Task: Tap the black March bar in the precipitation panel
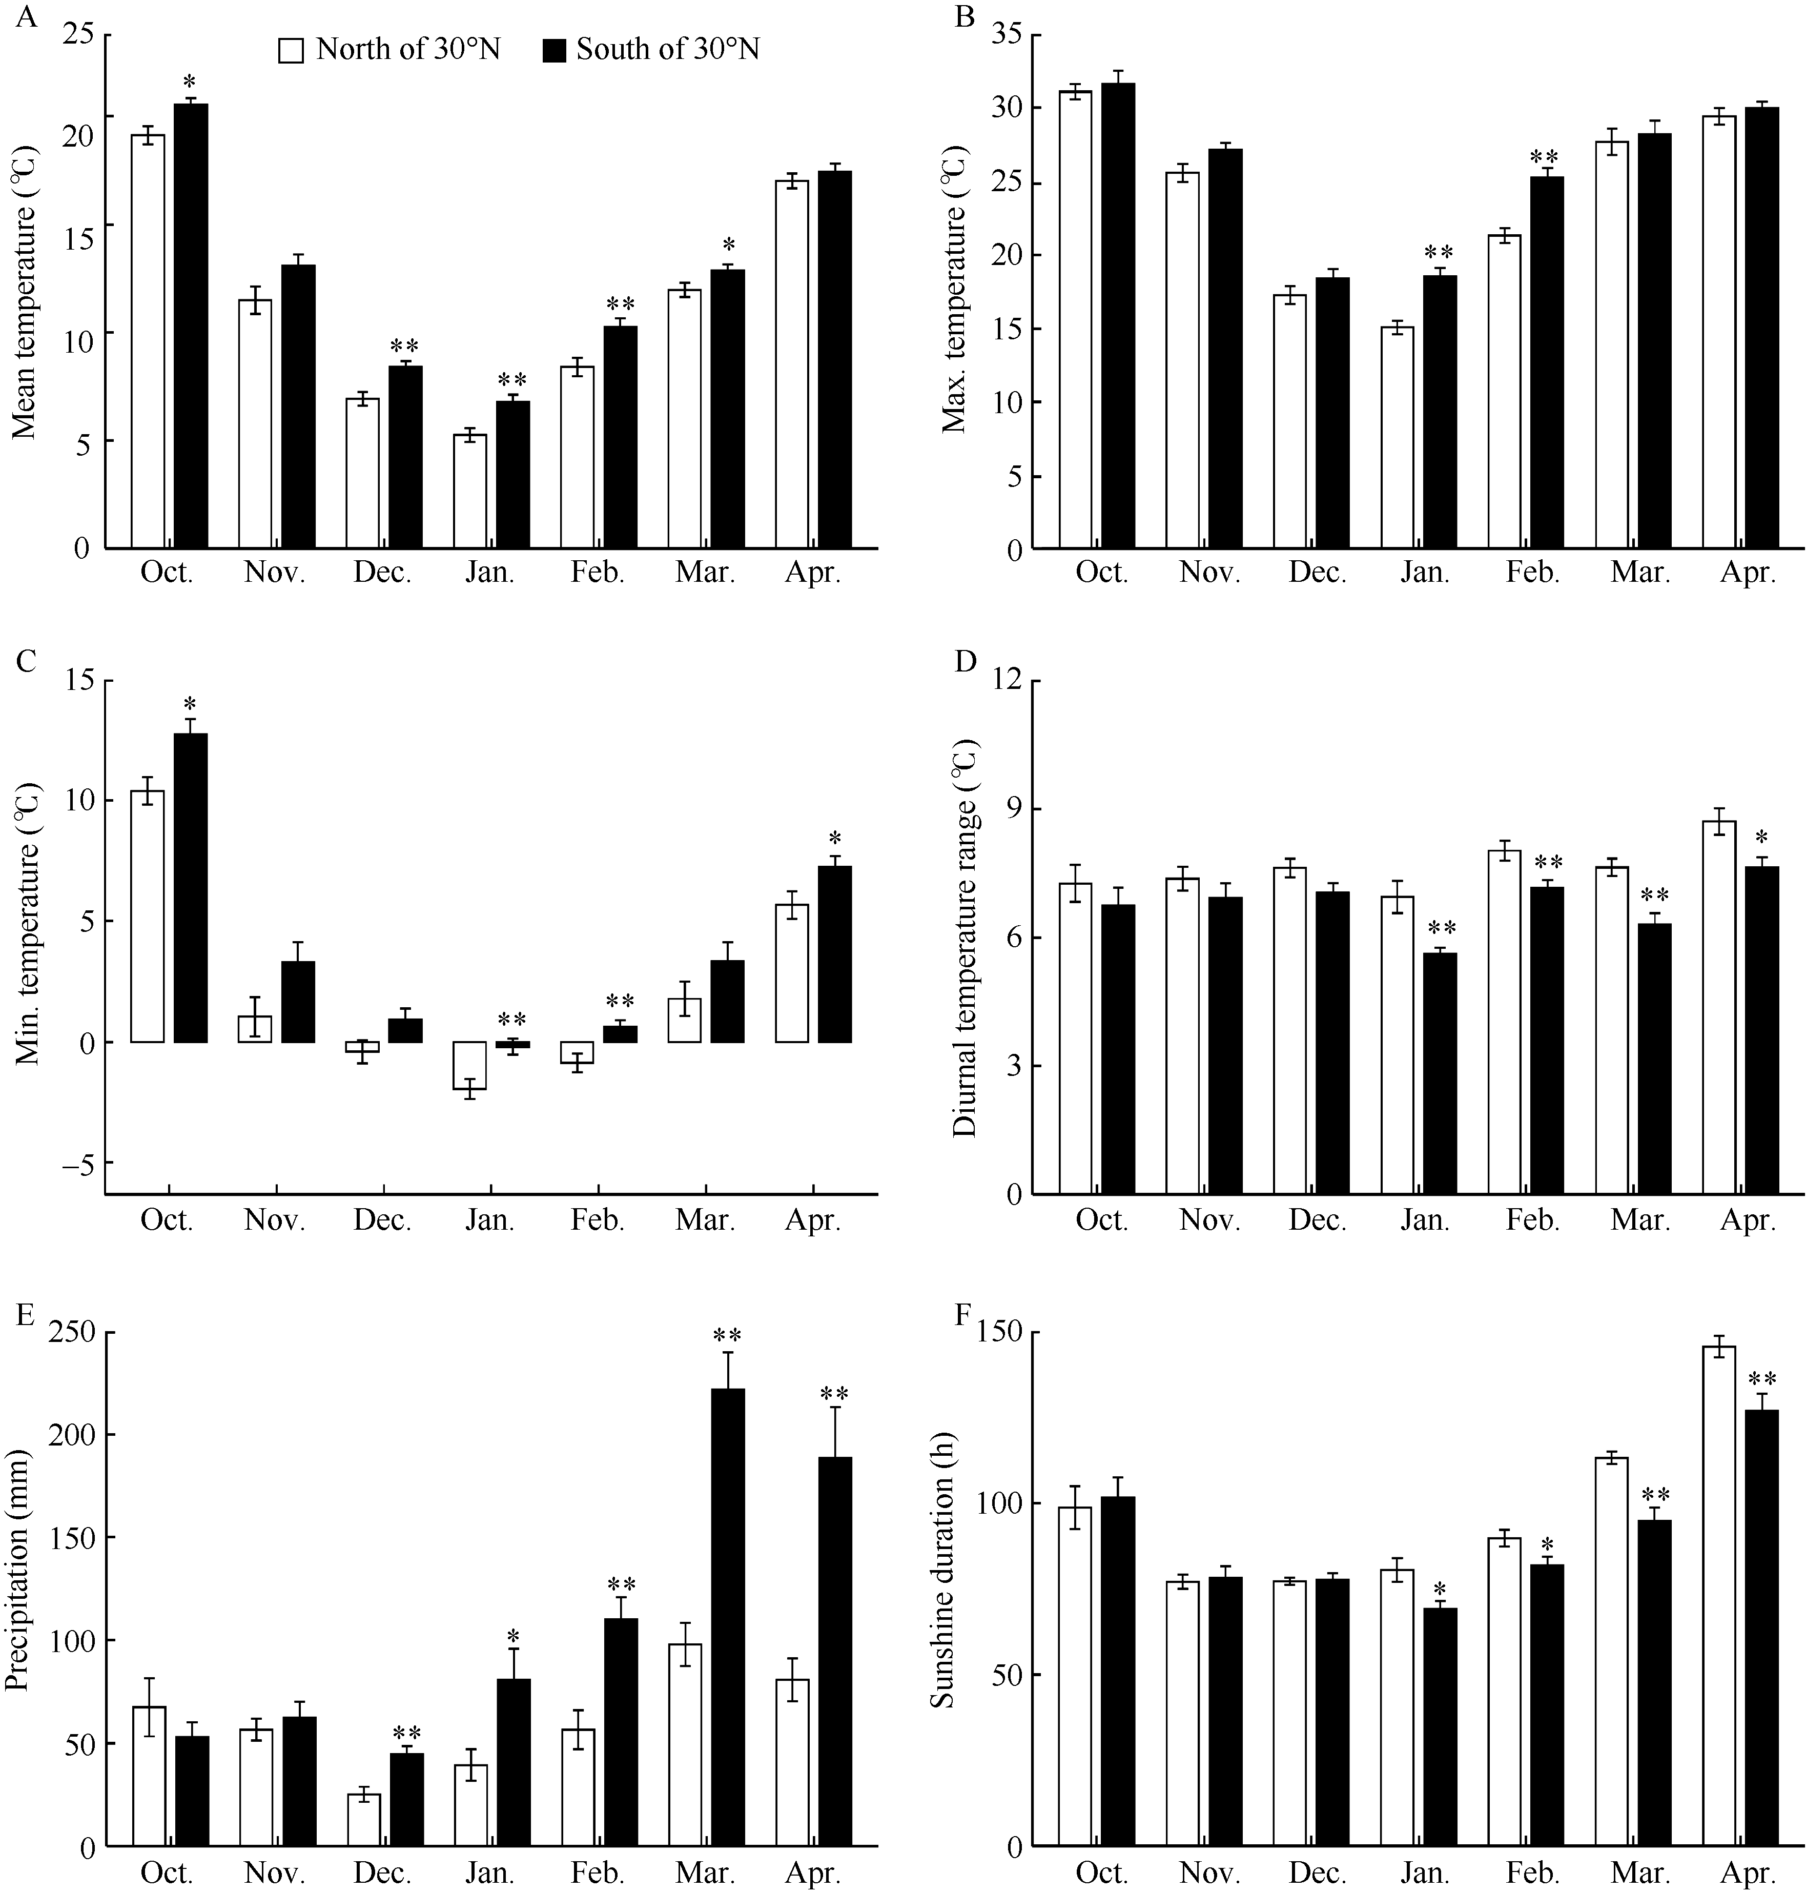(728, 1618)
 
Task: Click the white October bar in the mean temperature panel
(148, 342)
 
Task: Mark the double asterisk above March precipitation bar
(728, 1336)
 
